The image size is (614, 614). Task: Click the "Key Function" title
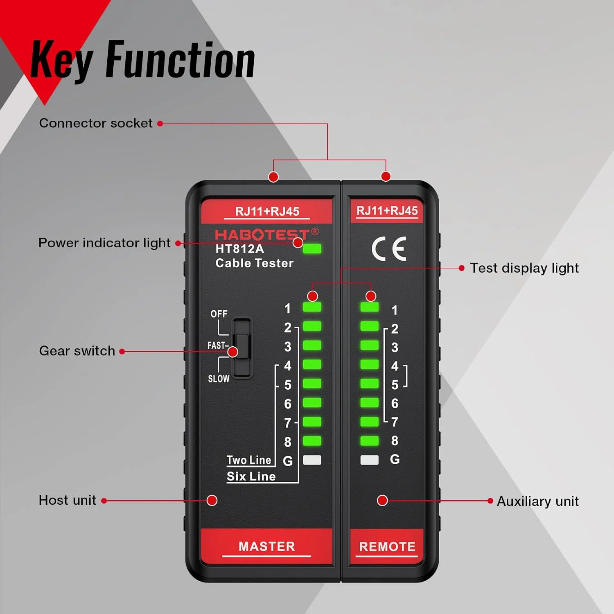(x=143, y=61)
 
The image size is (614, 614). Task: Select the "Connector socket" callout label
(x=95, y=123)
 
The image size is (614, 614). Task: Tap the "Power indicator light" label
(x=104, y=243)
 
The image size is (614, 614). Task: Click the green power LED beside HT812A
(x=312, y=248)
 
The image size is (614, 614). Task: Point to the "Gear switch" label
(x=77, y=351)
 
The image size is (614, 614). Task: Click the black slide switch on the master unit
(x=242, y=348)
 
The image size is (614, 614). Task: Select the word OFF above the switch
(x=219, y=314)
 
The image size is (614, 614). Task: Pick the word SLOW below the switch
(x=219, y=379)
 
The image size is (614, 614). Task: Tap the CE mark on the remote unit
(x=388, y=248)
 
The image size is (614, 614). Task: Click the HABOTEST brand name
(x=262, y=235)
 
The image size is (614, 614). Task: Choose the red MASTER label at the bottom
(x=266, y=546)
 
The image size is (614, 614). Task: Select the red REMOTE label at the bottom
(x=387, y=546)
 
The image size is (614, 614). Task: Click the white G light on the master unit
(x=312, y=460)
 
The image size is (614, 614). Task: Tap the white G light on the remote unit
(x=369, y=460)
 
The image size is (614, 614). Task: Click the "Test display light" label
(x=524, y=268)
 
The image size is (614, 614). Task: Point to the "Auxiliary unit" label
(x=537, y=501)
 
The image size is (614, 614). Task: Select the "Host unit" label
(x=67, y=500)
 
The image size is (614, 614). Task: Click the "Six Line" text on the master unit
(x=251, y=476)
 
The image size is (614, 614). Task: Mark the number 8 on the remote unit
(x=395, y=441)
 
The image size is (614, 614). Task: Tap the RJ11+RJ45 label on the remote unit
(x=387, y=211)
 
